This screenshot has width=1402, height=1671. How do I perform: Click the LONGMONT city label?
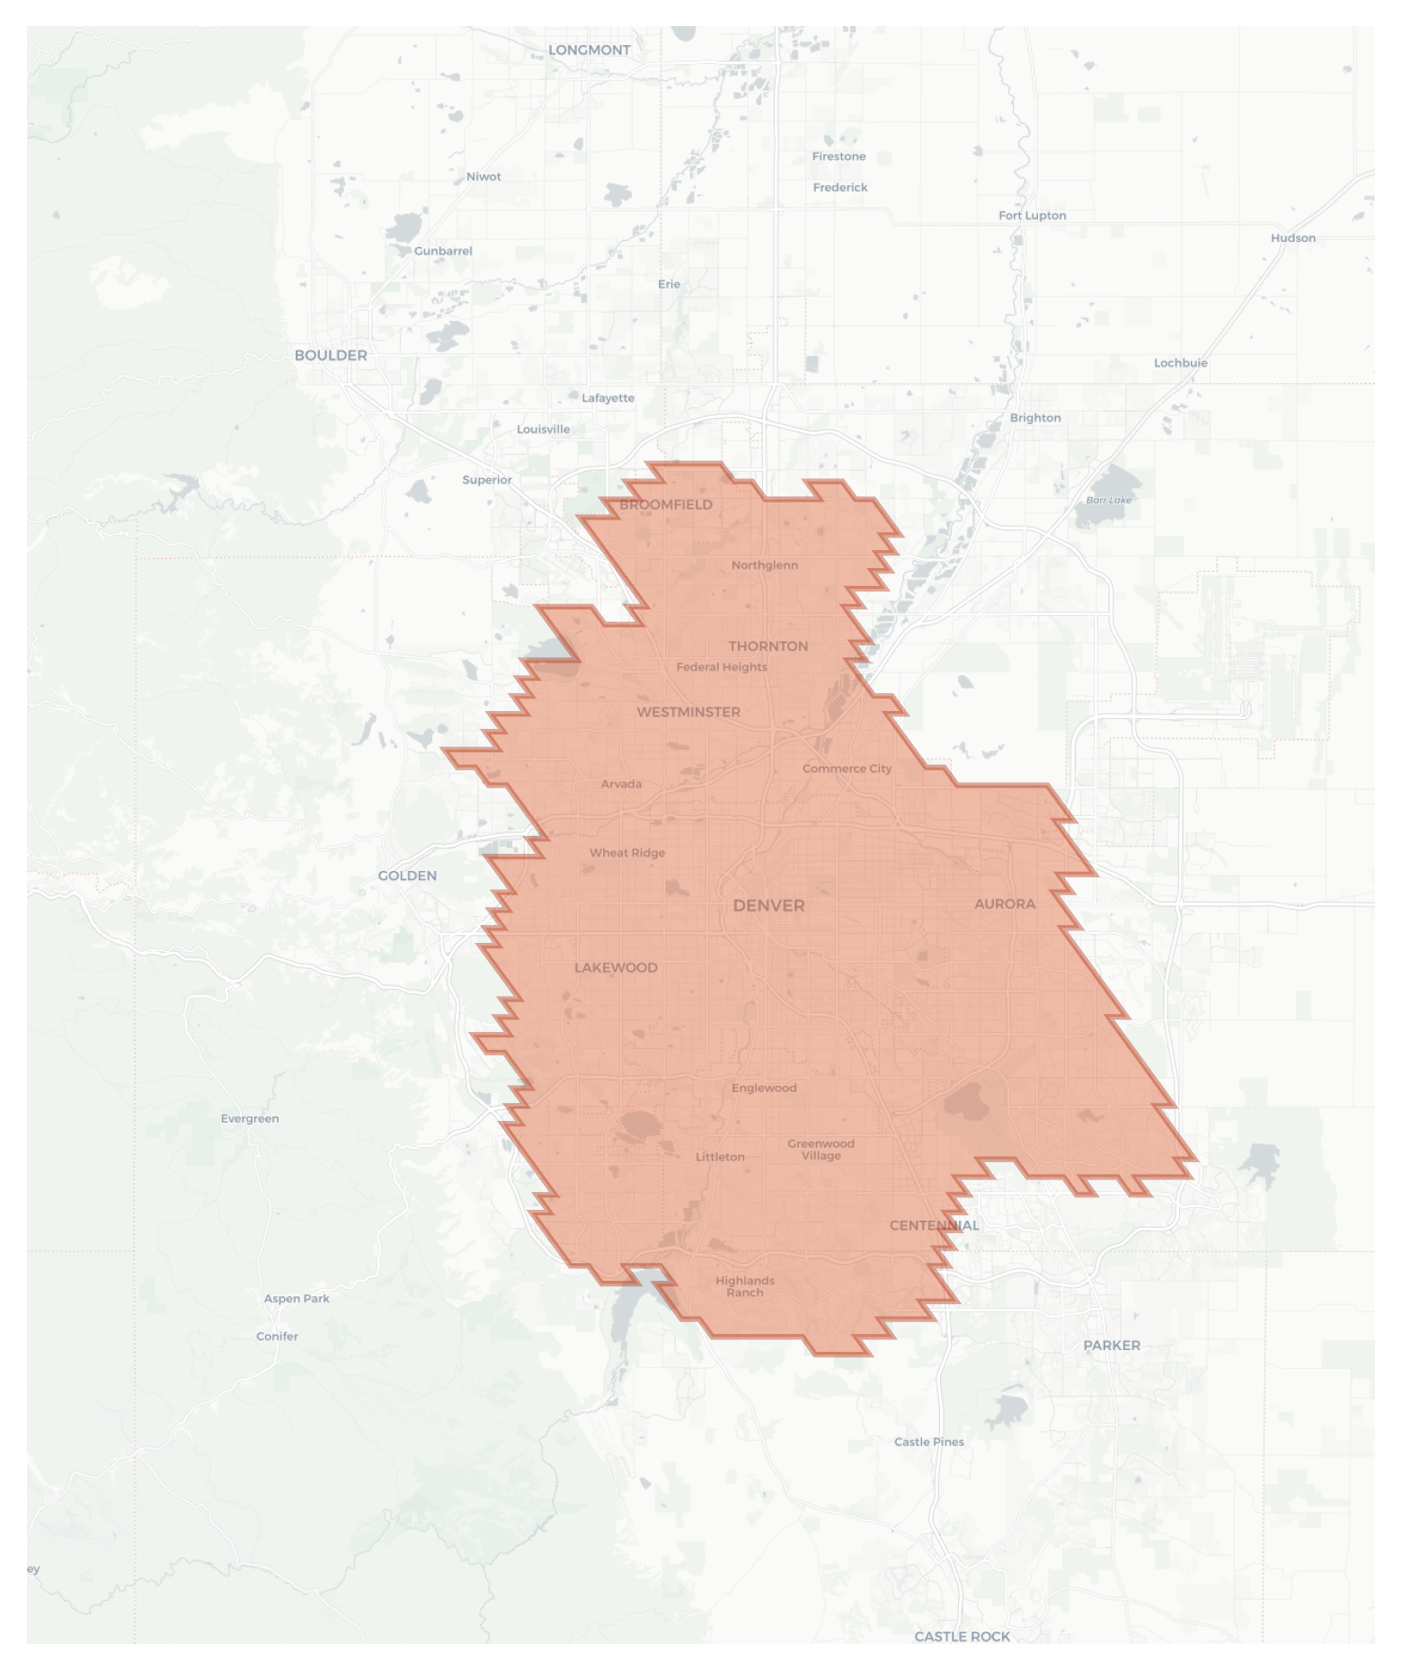click(x=589, y=50)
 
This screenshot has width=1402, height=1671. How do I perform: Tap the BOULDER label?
click(x=331, y=355)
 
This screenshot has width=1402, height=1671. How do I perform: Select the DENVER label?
click(x=768, y=905)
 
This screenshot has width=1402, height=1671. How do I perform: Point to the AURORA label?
click(x=1005, y=904)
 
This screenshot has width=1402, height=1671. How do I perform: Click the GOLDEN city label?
click(x=407, y=875)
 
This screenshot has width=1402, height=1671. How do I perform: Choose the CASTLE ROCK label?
click(x=962, y=1636)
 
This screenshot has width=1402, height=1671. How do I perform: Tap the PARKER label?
click(x=1111, y=1345)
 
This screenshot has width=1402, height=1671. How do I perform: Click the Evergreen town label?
click(x=250, y=1118)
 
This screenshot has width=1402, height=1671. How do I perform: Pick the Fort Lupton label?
click(x=1032, y=216)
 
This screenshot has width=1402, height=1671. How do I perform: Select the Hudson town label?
click(x=1292, y=238)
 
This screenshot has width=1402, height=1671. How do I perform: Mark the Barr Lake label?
click(x=1108, y=500)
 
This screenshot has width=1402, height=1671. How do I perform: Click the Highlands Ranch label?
click(x=745, y=1286)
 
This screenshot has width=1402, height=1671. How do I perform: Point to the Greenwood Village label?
click(x=821, y=1149)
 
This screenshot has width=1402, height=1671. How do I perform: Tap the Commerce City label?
click(x=847, y=769)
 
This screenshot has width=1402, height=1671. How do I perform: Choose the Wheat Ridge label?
click(x=627, y=853)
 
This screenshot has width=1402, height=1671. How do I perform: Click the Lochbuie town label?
click(x=1180, y=363)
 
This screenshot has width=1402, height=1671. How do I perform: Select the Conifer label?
click(x=277, y=1336)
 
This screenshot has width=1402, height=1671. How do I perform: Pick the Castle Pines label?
click(x=928, y=1442)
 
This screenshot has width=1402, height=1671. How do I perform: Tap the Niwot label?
click(x=484, y=177)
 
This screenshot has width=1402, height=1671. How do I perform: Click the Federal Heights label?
click(x=722, y=667)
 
